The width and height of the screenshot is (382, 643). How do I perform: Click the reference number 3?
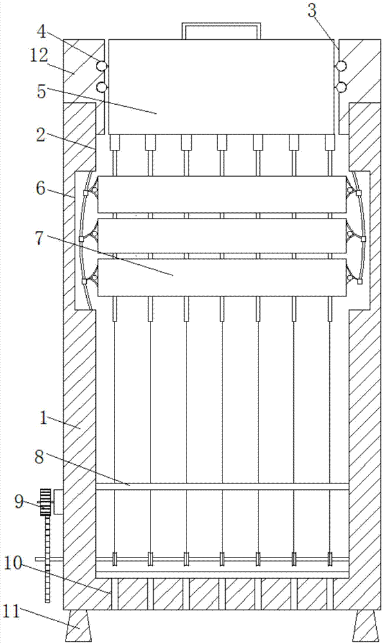(313, 11)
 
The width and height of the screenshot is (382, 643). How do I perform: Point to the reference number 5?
(41, 91)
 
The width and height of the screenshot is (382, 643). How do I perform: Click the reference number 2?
(40, 135)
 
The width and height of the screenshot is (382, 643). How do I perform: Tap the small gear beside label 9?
(45, 502)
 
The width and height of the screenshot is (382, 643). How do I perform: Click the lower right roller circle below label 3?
(341, 87)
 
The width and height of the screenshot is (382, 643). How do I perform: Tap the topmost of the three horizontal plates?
(222, 195)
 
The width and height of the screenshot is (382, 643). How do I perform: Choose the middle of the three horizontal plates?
(222, 236)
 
